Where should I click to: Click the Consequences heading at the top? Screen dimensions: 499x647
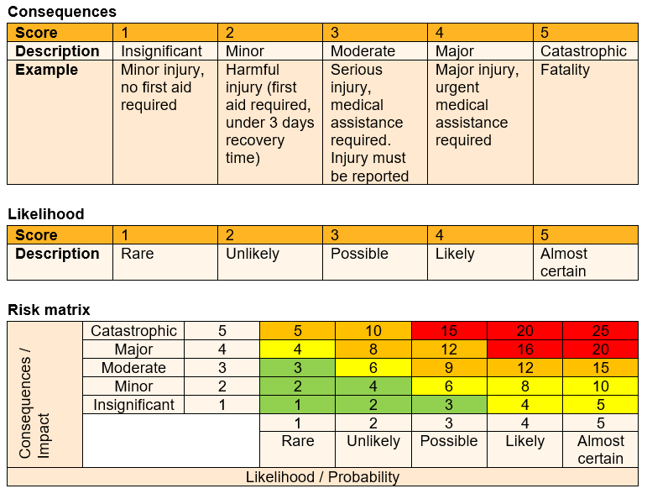[62, 12]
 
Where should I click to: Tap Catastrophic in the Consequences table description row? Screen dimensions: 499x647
[583, 51]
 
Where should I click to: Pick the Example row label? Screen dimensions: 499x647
[46, 71]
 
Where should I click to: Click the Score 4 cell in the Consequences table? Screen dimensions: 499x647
[479, 33]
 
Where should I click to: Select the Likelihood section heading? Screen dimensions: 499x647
[46, 214]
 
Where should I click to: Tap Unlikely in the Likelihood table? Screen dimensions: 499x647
[252, 254]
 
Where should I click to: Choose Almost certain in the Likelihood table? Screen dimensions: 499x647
[564, 262]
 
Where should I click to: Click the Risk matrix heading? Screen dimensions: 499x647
[49, 310]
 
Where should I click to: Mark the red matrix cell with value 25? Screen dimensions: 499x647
[600, 331]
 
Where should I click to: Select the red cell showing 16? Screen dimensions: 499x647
[524, 349]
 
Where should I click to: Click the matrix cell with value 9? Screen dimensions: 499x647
[449, 368]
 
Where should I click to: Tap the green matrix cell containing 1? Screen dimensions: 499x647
[297, 405]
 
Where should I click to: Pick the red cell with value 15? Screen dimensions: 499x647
[449, 331]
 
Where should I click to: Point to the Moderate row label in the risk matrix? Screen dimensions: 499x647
[133, 368]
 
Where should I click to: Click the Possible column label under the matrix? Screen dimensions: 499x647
[449, 441]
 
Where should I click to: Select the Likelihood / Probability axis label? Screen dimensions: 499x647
[322, 477]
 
